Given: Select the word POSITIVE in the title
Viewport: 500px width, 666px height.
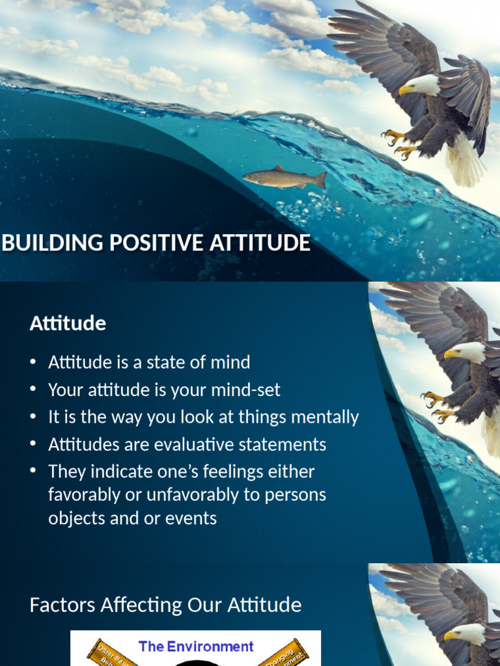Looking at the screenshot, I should [137, 243].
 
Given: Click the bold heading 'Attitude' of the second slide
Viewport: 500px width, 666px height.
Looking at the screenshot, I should [68, 323].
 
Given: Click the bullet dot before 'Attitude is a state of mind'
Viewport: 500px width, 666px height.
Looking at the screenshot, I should [33, 362].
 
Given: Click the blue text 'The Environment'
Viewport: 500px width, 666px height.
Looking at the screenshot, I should [196, 646].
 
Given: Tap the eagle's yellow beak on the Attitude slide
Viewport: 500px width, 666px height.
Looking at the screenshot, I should [449, 354].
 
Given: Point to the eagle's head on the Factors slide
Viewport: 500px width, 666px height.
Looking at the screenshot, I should [467, 633].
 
